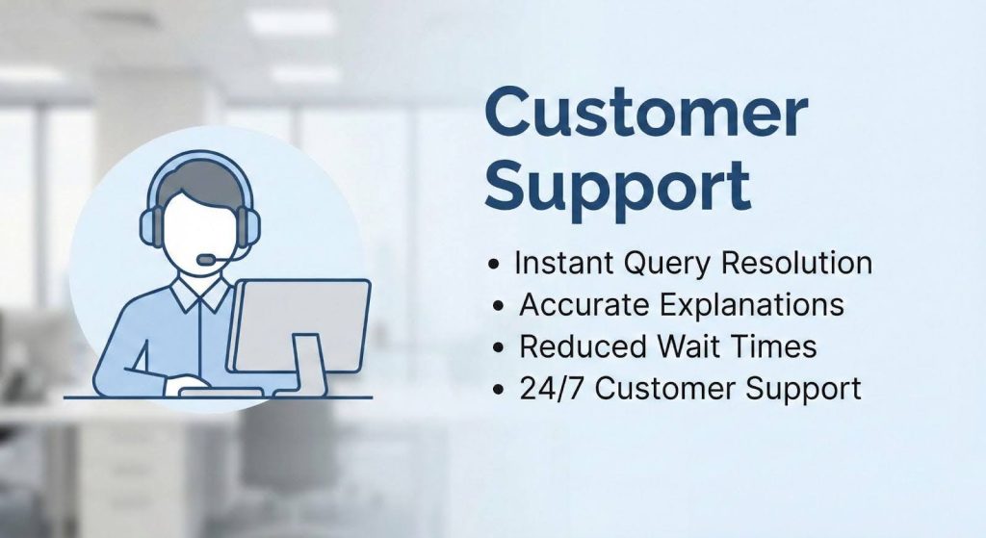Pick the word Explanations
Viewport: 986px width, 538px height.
[x=752, y=305]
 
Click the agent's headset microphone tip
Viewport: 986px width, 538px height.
[x=204, y=260]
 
